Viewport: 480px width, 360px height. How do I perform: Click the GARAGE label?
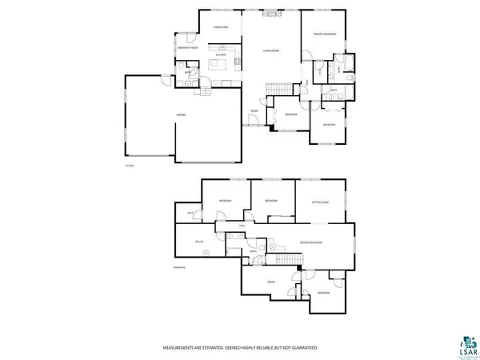182,115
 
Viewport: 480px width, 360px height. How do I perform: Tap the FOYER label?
254,110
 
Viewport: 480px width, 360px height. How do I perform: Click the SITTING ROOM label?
318,202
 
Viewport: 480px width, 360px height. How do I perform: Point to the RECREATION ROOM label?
310,242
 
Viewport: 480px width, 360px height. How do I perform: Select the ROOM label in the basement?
271,282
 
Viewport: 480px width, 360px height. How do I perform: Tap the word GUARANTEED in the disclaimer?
300,348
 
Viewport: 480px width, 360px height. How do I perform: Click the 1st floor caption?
128,166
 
